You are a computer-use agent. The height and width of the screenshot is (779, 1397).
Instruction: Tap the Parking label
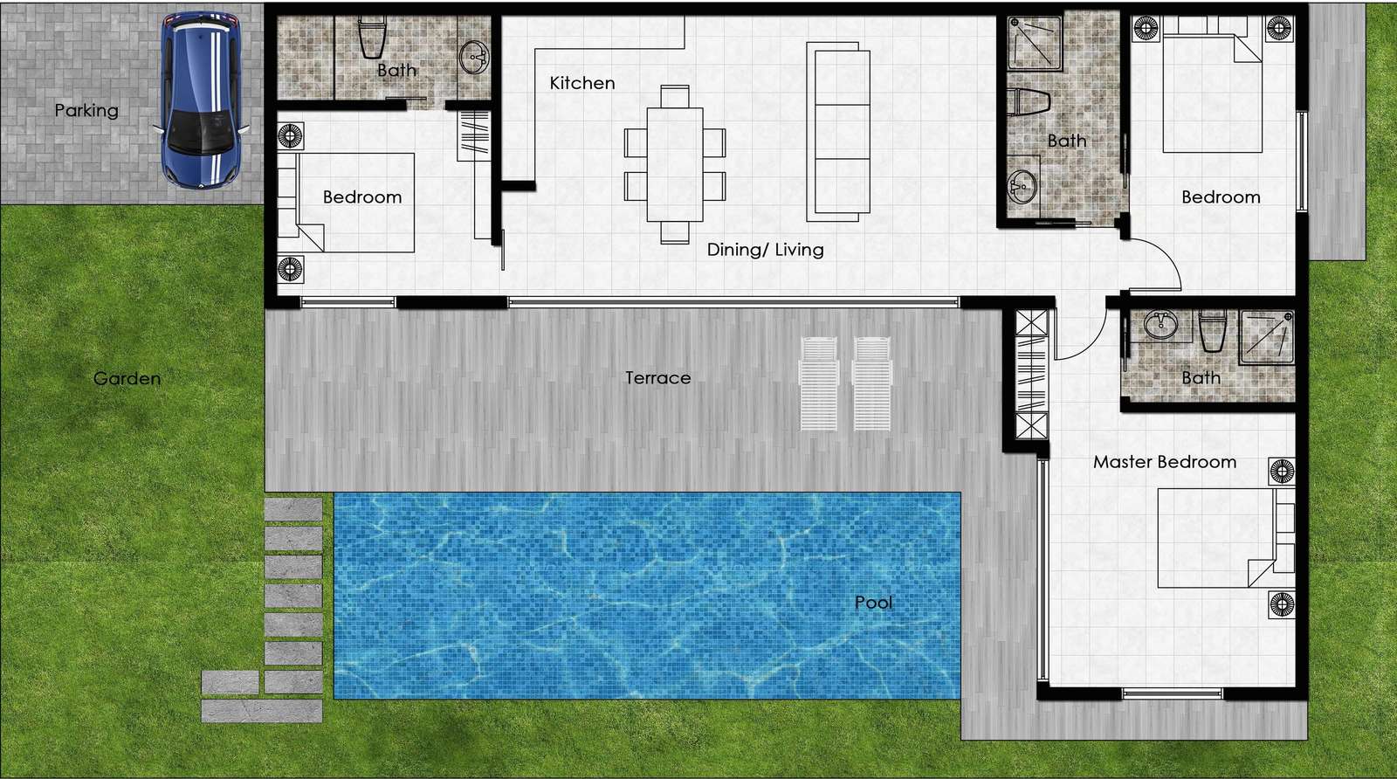(86, 110)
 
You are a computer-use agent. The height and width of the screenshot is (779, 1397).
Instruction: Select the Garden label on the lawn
(127, 378)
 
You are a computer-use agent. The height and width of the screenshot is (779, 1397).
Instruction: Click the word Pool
(873, 603)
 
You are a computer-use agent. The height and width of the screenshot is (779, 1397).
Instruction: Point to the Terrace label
(658, 378)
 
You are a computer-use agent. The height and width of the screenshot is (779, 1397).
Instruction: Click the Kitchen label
(582, 83)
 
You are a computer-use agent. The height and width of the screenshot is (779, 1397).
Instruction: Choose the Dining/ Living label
(765, 250)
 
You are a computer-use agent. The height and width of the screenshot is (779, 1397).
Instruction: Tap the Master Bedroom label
(1165, 462)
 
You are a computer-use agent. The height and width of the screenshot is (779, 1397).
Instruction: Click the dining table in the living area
(675, 164)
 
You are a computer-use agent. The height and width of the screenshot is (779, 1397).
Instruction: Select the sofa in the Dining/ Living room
(838, 132)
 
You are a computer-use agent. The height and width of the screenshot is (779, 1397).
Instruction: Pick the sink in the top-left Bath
(474, 58)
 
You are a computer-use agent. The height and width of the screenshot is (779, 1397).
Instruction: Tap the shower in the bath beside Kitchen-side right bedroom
(1036, 43)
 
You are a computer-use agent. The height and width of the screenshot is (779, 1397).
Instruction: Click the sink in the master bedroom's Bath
(1161, 324)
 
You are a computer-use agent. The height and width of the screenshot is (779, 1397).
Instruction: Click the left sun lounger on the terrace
(819, 383)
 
